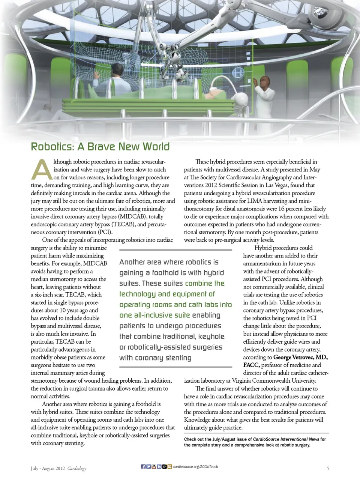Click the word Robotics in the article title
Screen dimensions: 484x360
[x=52, y=147]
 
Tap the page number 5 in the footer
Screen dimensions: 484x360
[x=328, y=468]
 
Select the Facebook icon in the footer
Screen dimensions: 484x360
[x=143, y=467]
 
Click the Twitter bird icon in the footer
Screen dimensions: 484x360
[x=148, y=467]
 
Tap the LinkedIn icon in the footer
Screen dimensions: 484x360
[x=159, y=467]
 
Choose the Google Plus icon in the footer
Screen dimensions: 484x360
[x=165, y=467]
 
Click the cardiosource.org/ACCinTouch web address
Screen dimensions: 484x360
[x=195, y=467]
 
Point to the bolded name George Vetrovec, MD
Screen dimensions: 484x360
[x=300, y=357]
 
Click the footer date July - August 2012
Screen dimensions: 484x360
[x=48, y=469]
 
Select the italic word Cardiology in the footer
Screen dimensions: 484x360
[x=77, y=469]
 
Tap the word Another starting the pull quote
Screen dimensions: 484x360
[x=132, y=262]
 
